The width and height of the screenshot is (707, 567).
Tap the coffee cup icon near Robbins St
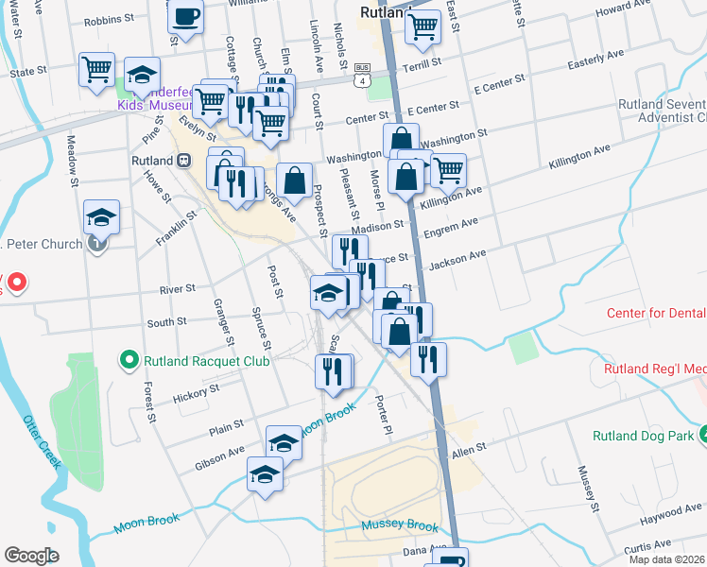coord(186,17)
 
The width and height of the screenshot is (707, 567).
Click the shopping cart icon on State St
coord(97,69)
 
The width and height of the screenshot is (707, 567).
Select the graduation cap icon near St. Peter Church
coord(101,216)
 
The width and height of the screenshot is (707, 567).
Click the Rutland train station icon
coord(184,161)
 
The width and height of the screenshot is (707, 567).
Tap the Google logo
coord(31,556)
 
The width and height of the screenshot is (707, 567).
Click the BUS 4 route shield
coord(361,75)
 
